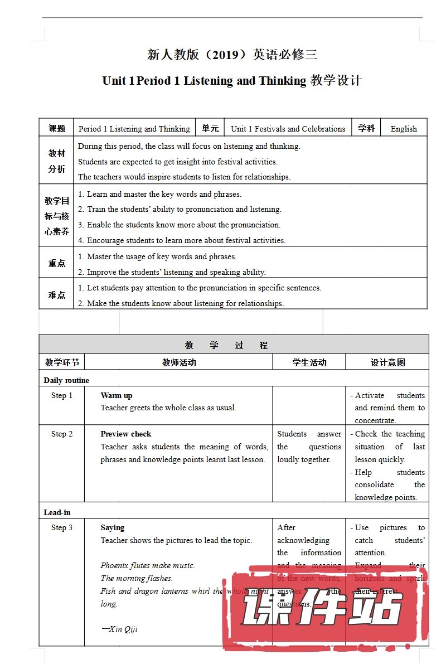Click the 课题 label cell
[x=56, y=128]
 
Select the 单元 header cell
[x=210, y=128]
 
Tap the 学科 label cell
[x=366, y=128]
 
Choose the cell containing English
[x=404, y=129]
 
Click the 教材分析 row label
[x=56, y=161]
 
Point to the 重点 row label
[x=56, y=263]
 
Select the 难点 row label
[x=56, y=294]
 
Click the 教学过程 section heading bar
[x=234, y=345]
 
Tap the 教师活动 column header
[x=179, y=362]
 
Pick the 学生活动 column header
[x=309, y=362]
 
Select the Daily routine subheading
[x=66, y=380]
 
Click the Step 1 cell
[x=62, y=395]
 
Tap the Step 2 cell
[x=62, y=434]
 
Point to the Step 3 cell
[x=62, y=527]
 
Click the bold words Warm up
[x=117, y=395]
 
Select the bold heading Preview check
[x=126, y=434]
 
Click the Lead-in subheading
[x=57, y=512]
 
